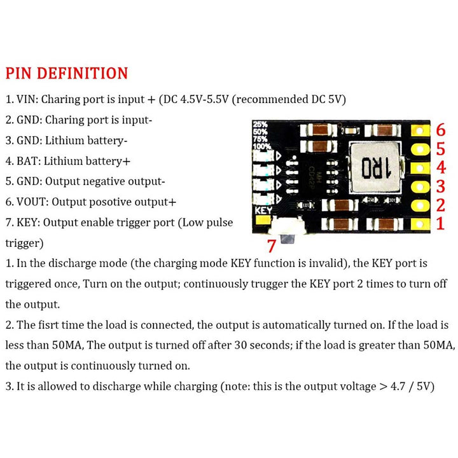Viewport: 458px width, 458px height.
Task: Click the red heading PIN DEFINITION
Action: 67,73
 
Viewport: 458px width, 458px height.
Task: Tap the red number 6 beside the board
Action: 440,130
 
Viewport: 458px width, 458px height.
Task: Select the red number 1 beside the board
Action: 440,224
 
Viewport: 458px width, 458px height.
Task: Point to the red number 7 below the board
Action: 272,246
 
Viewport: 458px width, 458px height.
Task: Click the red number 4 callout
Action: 441,168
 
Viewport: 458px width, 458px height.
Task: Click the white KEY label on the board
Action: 263,211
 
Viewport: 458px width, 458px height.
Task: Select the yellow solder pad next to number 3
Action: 420,186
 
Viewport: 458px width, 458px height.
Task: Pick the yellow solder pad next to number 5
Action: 420,149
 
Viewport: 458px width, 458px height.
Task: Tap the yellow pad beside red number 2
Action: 420,205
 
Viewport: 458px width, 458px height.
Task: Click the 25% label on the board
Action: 260,125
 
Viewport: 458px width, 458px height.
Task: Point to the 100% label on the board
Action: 261,146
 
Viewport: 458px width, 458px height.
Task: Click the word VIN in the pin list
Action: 26,100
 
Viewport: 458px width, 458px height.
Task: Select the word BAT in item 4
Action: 27,161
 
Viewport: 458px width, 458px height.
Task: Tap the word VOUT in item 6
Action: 32,202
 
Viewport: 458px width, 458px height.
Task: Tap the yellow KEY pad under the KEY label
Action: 263,221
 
